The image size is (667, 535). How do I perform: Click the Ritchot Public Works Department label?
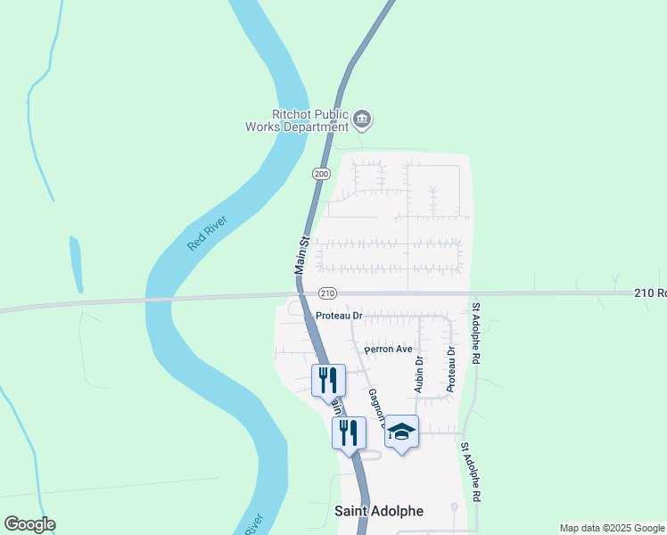pos(297,120)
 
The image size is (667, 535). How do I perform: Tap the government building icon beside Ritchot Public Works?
pos(362,119)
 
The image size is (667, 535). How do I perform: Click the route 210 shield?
pos(327,293)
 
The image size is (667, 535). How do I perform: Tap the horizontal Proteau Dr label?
pos(339,316)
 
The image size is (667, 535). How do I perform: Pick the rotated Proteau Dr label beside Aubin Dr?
pos(451,369)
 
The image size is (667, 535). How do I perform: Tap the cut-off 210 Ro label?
pos(650,292)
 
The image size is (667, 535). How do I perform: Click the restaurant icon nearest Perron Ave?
pos(327,381)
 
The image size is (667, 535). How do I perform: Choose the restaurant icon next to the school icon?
pos(349,433)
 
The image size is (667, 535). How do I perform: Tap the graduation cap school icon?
pos(402,432)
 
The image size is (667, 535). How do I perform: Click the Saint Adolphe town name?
pos(379,511)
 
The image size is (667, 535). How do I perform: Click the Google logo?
pos(29,524)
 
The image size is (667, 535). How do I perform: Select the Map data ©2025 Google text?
pos(613,528)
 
